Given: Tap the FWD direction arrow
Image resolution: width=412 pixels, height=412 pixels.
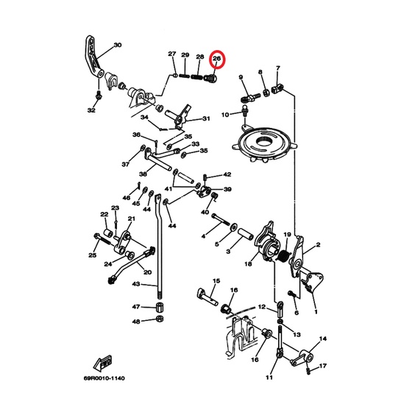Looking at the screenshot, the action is (x=103, y=362).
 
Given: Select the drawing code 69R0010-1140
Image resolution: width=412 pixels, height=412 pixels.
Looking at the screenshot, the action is (x=104, y=378).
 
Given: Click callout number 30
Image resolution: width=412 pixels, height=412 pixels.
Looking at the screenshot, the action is (x=118, y=45).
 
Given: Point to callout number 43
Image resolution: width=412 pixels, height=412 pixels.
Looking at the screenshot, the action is (x=136, y=284).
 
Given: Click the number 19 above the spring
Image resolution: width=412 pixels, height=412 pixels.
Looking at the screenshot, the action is (x=287, y=234).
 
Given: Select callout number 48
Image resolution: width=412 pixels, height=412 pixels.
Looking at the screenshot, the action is (x=136, y=322).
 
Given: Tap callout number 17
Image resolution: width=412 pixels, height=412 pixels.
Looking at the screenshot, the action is (x=323, y=366).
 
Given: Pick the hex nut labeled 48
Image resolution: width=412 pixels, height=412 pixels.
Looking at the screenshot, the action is (x=159, y=319).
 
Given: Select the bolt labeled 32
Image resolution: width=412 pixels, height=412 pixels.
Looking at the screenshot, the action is (x=99, y=95).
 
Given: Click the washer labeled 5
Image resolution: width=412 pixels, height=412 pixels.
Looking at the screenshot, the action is (x=233, y=227).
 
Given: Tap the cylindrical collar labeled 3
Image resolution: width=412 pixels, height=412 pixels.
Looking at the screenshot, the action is (x=246, y=233).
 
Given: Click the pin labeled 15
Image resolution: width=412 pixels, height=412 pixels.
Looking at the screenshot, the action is (x=207, y=297).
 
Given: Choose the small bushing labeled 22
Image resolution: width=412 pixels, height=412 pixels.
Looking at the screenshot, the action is (x=108, y=232).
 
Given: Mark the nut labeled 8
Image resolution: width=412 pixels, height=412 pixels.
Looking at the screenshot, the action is (x=266, y=93).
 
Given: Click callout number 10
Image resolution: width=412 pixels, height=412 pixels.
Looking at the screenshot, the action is (x=225, y=115).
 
